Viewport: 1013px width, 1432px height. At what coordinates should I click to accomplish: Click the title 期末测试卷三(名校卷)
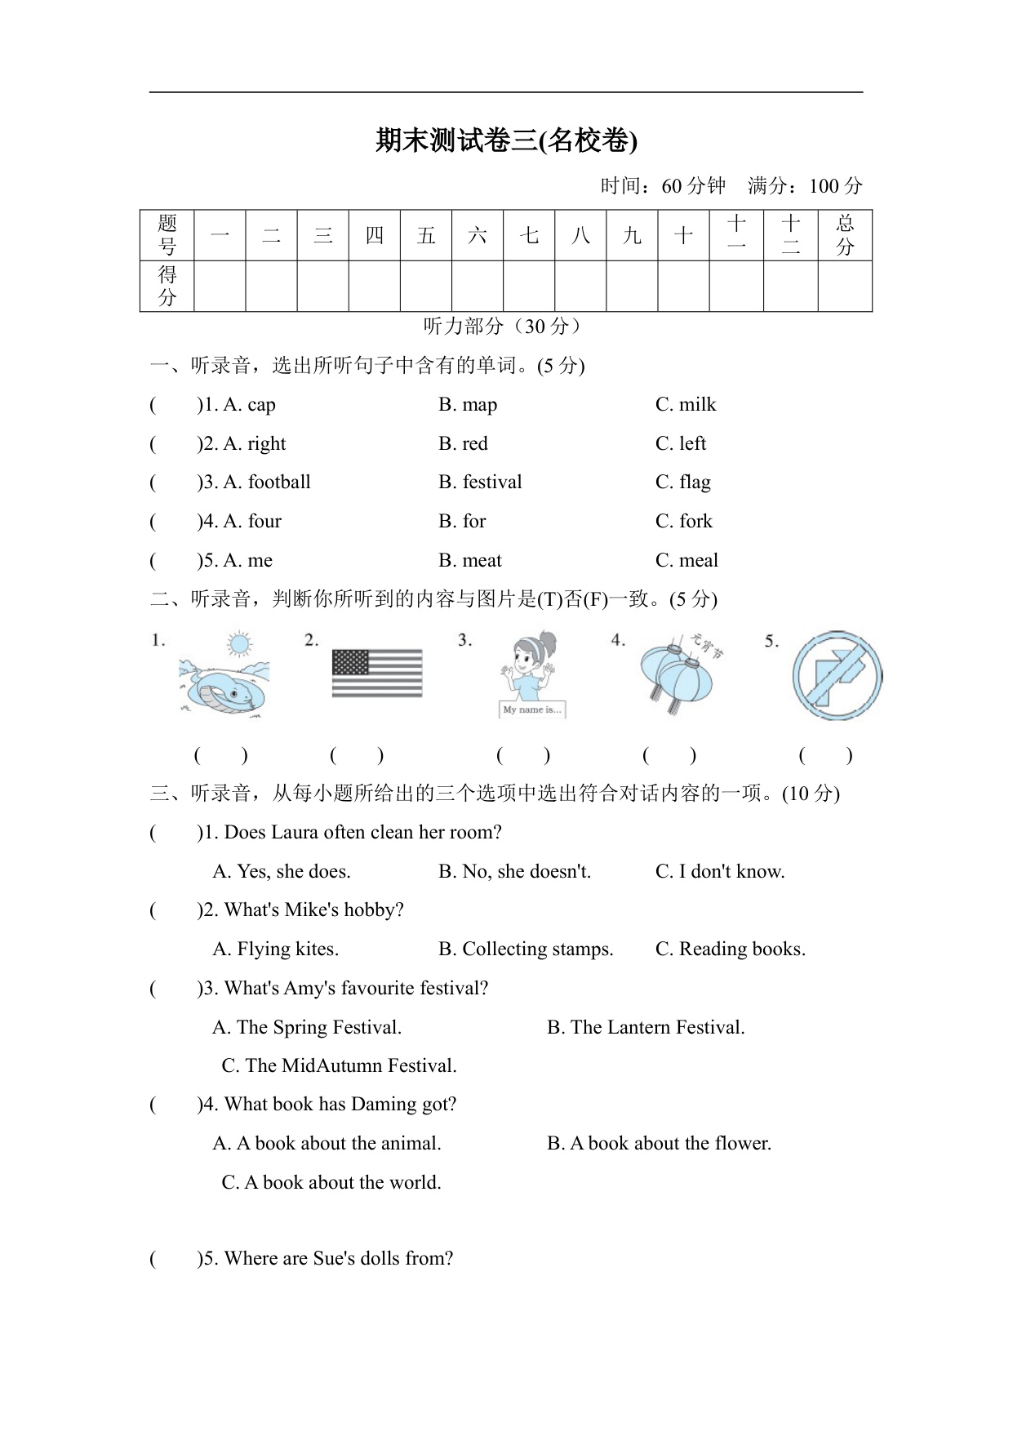click(506, 140)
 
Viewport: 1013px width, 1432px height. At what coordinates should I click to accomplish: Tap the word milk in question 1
click(697, 405)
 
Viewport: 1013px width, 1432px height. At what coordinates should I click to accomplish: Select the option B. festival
click(480, 483)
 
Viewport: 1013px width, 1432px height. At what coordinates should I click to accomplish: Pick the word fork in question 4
click(695, 522)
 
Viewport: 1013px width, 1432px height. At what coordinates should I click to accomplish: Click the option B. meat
click(470, 561)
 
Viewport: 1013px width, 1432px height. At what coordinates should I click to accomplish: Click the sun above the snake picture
click(239, 644)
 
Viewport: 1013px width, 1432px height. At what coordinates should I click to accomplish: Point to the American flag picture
click(377, 673)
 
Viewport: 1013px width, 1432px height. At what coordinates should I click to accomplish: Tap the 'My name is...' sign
click(532, 709)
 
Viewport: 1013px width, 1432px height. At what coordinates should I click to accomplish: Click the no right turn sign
click(837, 676)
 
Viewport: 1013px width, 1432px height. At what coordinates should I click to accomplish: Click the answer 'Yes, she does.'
click(282, 872)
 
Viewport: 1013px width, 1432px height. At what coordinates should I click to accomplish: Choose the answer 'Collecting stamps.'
click(526, 949)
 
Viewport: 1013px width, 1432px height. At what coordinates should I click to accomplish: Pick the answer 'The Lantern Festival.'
click(646, 1028)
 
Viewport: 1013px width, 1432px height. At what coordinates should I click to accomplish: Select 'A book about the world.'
click(331, 1183)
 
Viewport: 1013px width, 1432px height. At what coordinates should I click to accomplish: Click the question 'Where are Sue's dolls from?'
click(338, 1259)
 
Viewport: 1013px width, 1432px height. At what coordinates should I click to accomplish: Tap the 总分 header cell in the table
click(845, 235)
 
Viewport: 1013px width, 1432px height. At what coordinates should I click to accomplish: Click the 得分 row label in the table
click(167, 286)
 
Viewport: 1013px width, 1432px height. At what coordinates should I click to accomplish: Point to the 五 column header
click(426, 236)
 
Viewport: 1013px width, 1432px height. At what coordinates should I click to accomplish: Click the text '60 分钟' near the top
click(693, 186)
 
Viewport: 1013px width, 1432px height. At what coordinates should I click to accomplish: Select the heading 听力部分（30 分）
click(505, 327)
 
